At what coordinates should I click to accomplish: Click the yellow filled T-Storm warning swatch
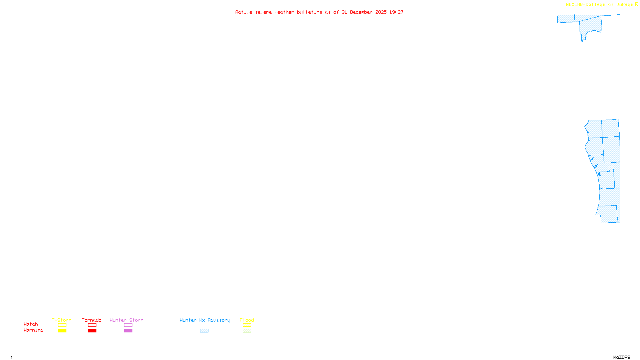pos(62,331)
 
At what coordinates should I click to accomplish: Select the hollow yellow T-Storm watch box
pos(62,325)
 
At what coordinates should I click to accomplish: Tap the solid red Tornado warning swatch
pos(92,331)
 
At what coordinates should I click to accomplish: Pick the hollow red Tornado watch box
pos(92,325)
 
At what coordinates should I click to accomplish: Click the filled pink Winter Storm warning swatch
pos(128,331)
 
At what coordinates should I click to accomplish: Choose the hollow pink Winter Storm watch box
pos(128,325)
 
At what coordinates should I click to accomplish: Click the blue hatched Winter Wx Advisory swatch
pos(204,331)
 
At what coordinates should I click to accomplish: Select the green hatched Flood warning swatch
pos(247,331)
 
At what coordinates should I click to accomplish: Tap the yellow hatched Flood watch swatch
pos(247,325)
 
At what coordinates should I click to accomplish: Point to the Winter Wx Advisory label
pos(205,320)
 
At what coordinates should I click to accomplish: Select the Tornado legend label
pos(92,320)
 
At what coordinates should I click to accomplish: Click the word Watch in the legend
pos(31,324)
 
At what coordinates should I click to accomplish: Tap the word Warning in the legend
pos(33,330)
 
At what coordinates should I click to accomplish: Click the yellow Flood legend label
pos(247,320)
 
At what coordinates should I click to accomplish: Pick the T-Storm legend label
pos(62,320)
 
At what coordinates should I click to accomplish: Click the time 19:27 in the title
pos(396,12)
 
